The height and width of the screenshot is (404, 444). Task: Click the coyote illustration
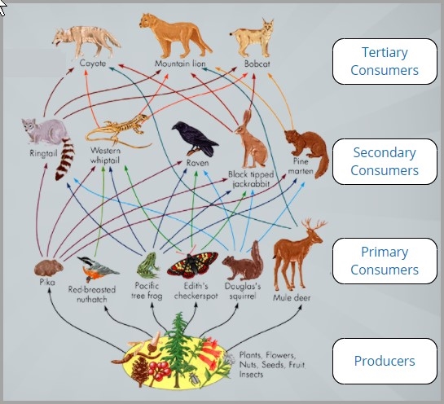click(x=86, y=42)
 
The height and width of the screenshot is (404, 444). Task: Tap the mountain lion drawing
click(x=175, y=35)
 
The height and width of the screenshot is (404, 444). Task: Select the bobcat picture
click(x=253, y=38)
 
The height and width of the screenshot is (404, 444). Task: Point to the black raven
click(x=195, y=138)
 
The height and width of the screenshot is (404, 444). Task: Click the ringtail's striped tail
click(x=65, y=159)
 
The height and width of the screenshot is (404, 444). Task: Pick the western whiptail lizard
click(x=118, y=131)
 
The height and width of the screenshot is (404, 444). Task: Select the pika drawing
click(x=48, y=267)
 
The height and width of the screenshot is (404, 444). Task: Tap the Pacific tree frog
click(x=147, y=266)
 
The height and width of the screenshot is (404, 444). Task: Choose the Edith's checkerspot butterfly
click(x=192, y=265)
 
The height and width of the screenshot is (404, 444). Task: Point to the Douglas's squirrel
click(x=244, y=262)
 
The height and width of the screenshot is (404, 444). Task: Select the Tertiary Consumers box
click(x=385, y=61)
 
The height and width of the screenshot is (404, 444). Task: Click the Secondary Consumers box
click(x=385, y=161)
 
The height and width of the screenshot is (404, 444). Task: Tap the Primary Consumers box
click(x=385, y=261)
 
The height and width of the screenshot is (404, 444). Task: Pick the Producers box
click(x=385, y=361)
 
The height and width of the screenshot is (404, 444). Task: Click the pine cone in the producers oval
click(x=140, y=370)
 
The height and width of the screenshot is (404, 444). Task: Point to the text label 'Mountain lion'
click(x=180, y=64)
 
